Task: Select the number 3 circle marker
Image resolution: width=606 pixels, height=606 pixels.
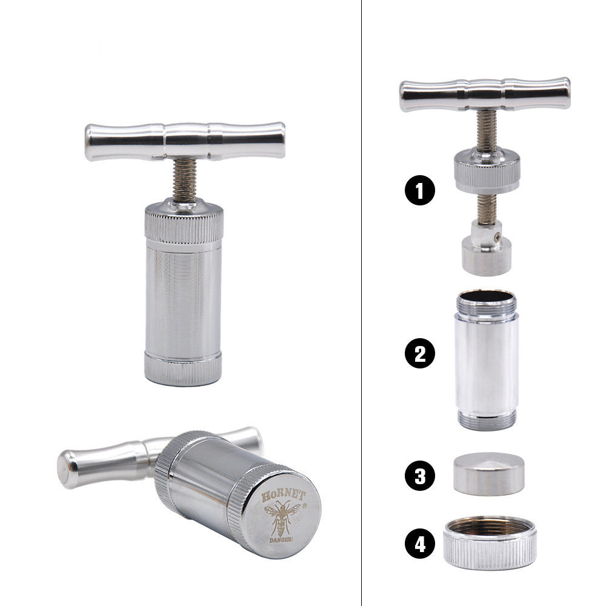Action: [x=420, y=476]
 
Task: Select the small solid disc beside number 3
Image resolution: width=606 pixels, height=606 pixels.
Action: [x=488, y=473]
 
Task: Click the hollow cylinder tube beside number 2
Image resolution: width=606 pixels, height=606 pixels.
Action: [x=486, y=361]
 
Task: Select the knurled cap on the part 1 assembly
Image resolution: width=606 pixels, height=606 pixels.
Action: [x=487, y=171]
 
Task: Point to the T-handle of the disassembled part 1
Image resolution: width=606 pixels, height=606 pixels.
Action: [x=485, y=94]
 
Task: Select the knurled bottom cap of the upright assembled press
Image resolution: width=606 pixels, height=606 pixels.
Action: [x=183, y=367]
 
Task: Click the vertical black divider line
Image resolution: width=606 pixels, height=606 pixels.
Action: [x=361, y=303]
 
